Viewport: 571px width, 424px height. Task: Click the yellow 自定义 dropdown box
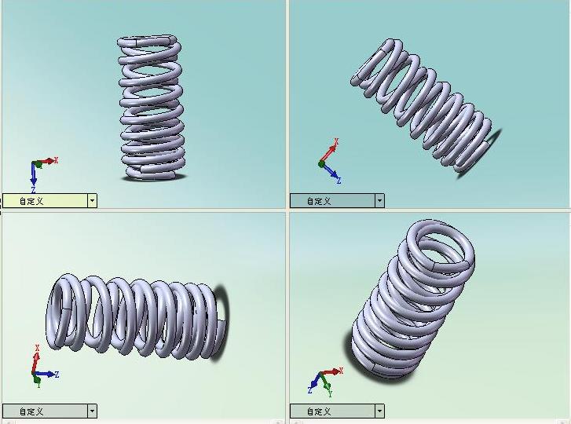tap(49, 200)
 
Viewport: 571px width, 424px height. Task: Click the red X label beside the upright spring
tap(56, 160)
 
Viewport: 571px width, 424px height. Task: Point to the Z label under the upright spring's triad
tap(33, 189)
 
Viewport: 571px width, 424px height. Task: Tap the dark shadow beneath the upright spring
tap(155, 177)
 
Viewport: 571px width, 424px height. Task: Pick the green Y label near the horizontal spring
tap(38, 385)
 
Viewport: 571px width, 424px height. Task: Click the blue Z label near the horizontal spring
tap(57, 374)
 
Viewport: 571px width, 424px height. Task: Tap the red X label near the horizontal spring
tap(37, 348)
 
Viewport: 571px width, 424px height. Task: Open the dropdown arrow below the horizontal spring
tap(92, 411)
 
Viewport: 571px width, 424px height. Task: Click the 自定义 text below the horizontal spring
tap(31, 411)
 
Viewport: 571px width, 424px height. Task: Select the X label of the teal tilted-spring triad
tap(336, 141)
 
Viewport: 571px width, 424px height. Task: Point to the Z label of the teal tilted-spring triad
tap(339, 180)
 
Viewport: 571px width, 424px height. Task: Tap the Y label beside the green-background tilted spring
tap(330, 393)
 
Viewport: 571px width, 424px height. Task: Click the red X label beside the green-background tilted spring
tap(341, 371)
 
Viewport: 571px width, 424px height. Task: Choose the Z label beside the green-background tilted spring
tap(310, 390)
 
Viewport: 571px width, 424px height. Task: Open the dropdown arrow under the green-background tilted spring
tap(379, 411)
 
